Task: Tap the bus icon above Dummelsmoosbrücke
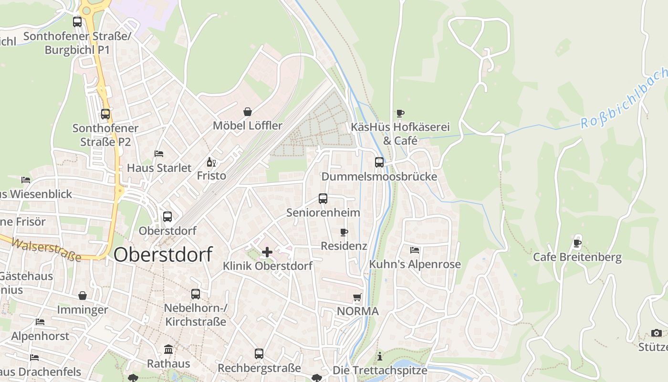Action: (379, 162)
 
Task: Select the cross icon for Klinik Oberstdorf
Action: (267, 252)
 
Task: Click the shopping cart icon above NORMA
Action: (357, 297)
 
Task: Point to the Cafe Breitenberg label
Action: (577, 257)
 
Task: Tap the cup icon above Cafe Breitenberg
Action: (577, 243)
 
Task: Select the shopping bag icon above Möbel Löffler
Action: (248, 112)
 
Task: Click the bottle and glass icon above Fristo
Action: (211, 162)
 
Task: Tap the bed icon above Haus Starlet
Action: (159, 154)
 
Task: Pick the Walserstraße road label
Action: (46, 250)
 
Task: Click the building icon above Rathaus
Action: (168, 350)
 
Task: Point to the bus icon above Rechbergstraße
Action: (259, 354)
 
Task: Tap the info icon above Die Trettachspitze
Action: (380, 356)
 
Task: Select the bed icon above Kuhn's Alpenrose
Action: (415, 250)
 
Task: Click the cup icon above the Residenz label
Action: (344, 232)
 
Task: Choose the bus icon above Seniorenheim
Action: (323, 199)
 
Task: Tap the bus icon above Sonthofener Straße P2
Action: (105, 114)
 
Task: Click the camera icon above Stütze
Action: (657, 333)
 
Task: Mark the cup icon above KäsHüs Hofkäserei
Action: (400, 113)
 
